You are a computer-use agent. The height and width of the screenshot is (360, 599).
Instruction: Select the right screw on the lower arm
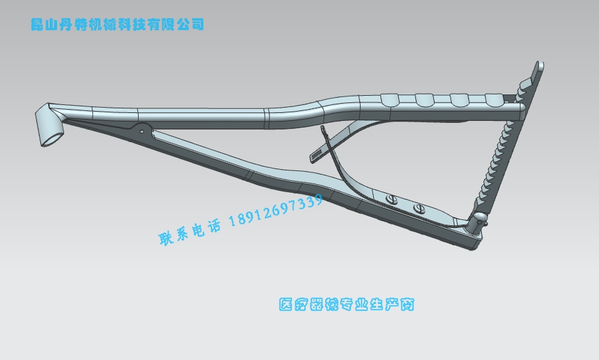417,209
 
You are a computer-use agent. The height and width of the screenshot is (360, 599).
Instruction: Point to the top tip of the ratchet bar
540,65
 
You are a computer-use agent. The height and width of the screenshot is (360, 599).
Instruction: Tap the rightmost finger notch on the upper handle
494,99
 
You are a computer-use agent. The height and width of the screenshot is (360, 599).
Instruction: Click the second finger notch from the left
424,100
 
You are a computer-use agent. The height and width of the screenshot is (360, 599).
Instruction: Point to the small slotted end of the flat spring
316,155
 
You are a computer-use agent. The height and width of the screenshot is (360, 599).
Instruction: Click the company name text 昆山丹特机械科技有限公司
118,25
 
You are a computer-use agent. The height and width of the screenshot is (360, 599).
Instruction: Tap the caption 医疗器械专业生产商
347,305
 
